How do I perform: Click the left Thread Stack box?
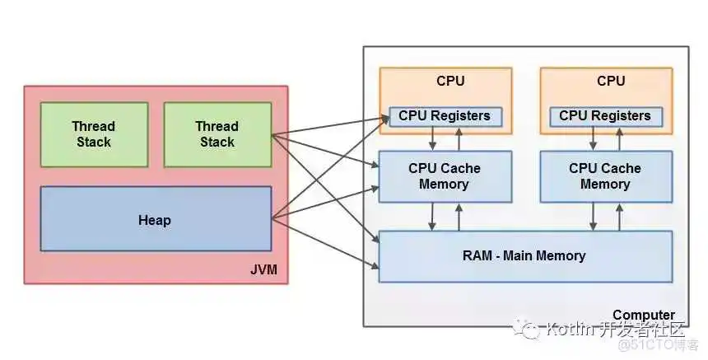pos(94,134)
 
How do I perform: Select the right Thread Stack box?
pos(217,134)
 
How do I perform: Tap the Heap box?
pos(156,220)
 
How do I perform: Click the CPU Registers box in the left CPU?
pos(445,116)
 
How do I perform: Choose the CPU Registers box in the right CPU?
pos(605,116)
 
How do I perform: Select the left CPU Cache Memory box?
pos(445,176)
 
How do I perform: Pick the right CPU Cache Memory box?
pos(605,176)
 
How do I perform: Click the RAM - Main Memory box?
pos(524,256)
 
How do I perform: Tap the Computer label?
pos(643,315)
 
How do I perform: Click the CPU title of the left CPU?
pos(450,81)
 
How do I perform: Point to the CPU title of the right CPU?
pos(611,81)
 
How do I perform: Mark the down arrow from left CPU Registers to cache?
pos(432,138)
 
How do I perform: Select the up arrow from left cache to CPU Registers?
pos(459,138)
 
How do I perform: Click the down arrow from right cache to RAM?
pos(593,217)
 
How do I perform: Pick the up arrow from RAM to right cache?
pos(620,217)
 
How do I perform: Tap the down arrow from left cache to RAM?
pos(432,217)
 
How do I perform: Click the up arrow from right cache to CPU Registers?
pos(620,138)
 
